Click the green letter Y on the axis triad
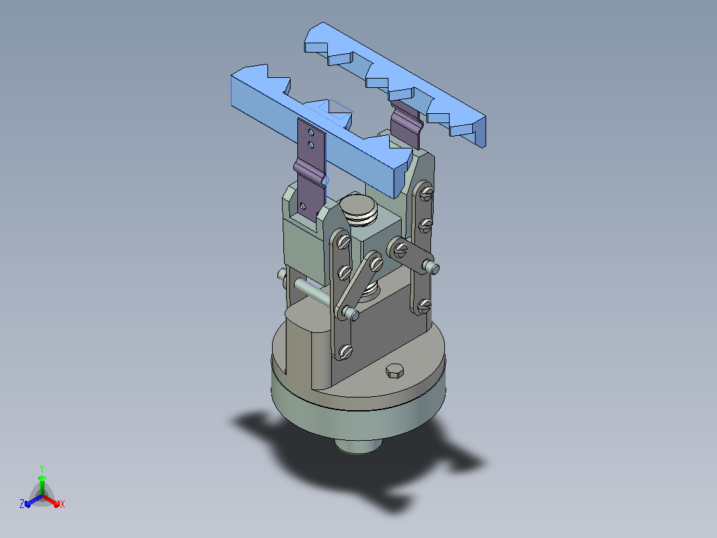42,469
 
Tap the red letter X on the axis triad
63,505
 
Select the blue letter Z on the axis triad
22,504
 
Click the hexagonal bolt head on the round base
395,371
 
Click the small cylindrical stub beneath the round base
358,445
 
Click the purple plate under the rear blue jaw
406,124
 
